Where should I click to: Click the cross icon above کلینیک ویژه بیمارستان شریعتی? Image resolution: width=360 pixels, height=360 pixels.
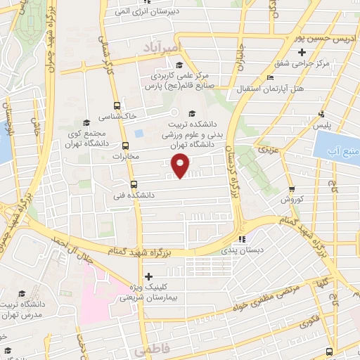click(147, 276)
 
